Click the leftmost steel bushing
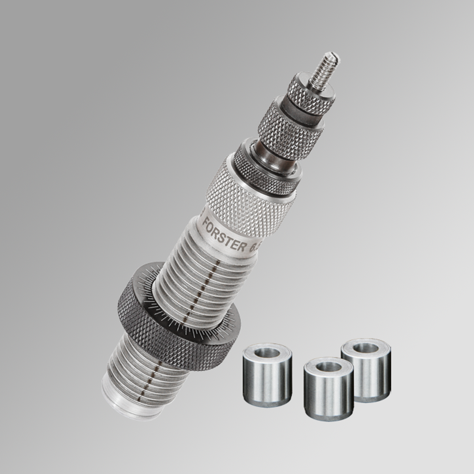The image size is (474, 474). tap(266, 374)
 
